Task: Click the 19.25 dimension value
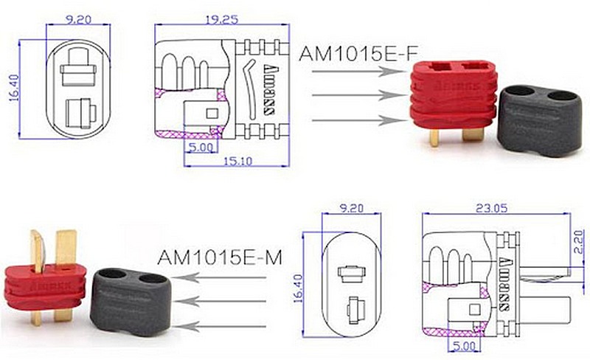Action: pyautogui.click(x=222, y=20)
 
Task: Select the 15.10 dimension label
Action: pyautogui.click(x=237, y=161)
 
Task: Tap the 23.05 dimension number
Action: pyautogui.click(x=491, y=208)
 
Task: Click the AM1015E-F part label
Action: pyautogui.click(x=358, y=55)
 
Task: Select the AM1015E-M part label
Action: pyautogui.click(x=220, y=257)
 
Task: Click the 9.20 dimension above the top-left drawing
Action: pyautogui.click(x=78, y=20)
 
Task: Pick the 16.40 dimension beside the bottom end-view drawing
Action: pyautogui.click(x=298, y=288)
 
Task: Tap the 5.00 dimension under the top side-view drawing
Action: pyautogui.click(x=201, y=148)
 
